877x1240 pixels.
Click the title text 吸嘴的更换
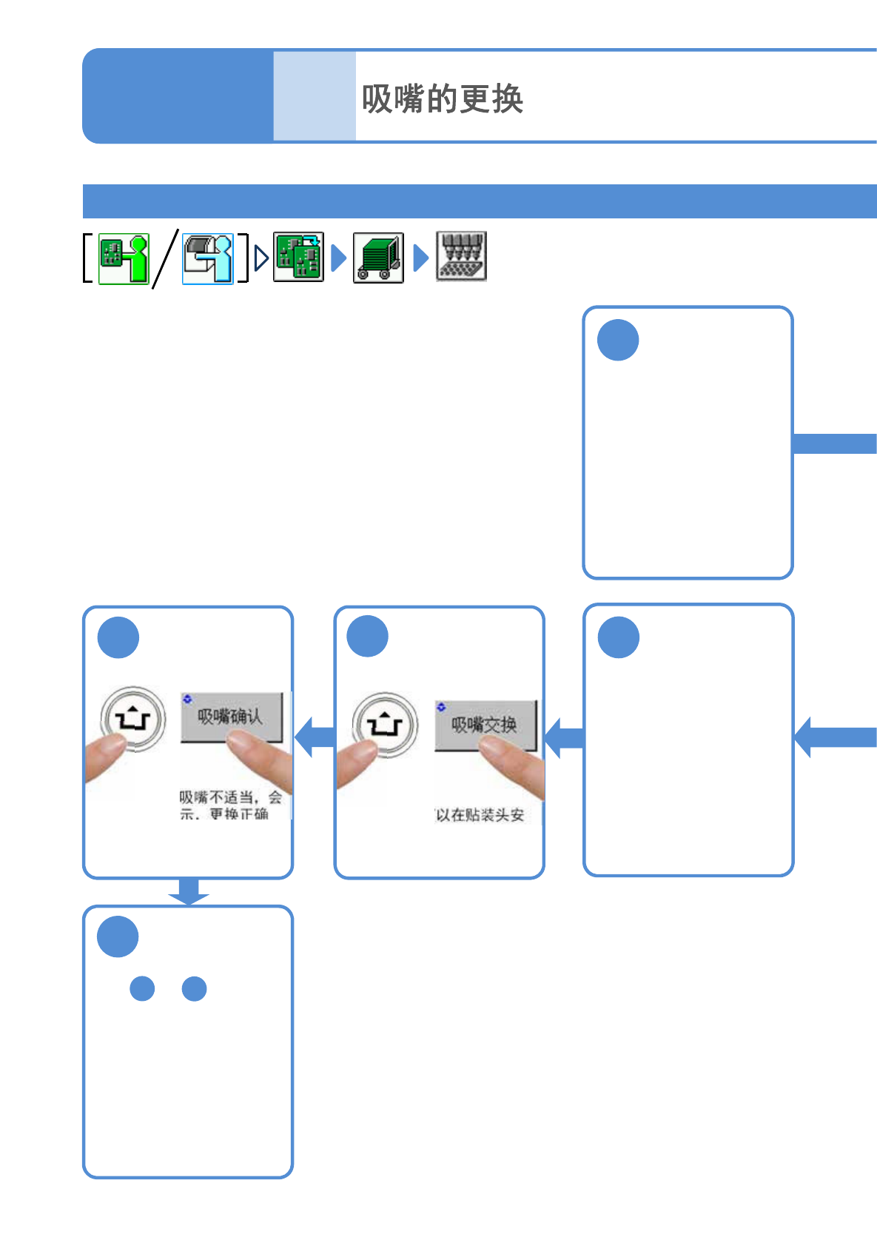[x=442, y=99]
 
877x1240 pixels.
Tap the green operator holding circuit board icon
[x=124, y=258]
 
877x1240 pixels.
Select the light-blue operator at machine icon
[x=208, y=258]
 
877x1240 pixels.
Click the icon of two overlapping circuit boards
[x=298, y=257]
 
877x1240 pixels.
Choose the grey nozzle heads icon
[x=461, y=256]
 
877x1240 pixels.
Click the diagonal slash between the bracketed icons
[x=166, y=258]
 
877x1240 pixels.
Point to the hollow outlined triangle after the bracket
[x=261, y=258]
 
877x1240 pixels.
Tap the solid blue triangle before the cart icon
[x=339, y=258]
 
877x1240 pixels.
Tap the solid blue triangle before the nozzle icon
[x=420, y=258]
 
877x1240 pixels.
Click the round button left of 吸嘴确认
[x=133, y=719]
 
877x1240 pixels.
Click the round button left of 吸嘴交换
[x=385, y=725]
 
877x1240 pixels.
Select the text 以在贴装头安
[x=480, y=815]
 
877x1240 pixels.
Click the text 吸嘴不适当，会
[x=230, y=797]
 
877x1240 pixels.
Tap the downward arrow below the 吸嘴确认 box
[x=189, y=891]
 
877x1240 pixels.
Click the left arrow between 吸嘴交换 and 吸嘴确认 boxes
[x=315, y=737]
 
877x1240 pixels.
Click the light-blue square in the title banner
[x=315, y=95]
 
